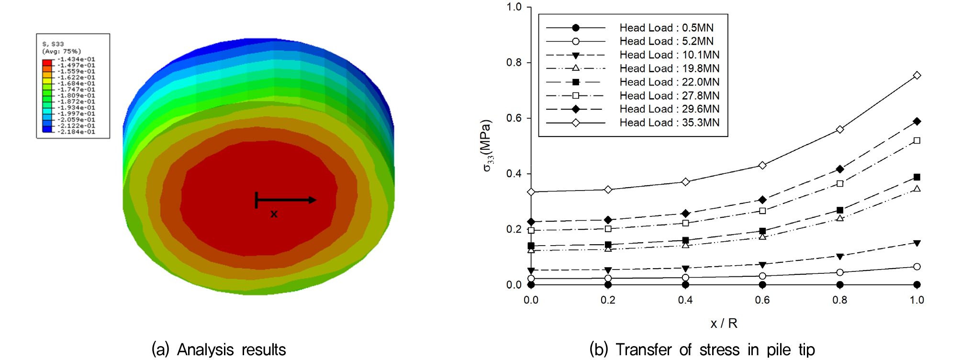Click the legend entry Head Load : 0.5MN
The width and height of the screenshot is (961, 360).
(666, 28)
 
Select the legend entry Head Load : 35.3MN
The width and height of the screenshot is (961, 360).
(669, 123)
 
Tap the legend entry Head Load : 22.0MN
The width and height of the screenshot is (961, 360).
(669, 82)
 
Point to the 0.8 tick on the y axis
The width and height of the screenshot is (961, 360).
(514, 63)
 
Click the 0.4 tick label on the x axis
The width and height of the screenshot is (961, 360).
(685, 300)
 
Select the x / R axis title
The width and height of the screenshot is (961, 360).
(724, 324)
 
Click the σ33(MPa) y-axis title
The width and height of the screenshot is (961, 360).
(487, 146)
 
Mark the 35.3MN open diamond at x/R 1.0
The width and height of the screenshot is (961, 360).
(916, 76)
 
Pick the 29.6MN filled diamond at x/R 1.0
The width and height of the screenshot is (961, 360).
(916, 122)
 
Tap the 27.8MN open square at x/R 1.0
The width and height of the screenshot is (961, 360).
(916, 141)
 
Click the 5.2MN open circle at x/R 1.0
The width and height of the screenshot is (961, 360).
(916, 267)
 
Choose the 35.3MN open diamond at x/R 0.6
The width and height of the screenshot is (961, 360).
(762, 166)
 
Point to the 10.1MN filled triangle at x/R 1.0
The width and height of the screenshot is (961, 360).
(916, 243)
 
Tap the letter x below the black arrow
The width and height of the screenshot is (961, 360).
(274, 214)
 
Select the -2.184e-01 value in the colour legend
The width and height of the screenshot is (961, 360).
(77, 132)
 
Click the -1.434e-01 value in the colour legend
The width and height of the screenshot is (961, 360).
(77, 59)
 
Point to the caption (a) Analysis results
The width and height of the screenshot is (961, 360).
(219, 349)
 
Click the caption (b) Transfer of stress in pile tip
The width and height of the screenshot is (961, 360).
(702, 349)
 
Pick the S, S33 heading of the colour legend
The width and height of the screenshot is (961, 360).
(53, 44)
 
